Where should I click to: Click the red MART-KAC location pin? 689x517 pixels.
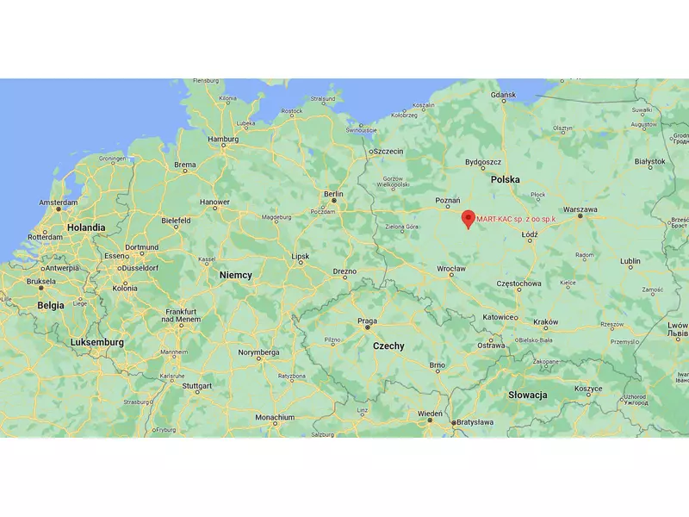pyautogui.click(x=468, y=218)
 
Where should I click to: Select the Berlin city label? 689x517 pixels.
pyautogui.click(x=333, y=194)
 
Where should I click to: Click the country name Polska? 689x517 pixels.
pyautogui.click(x=505, y=180)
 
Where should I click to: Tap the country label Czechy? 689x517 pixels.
pyautogui.click(x=388, y=345)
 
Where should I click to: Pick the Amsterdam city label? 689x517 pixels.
pyautogui.click(x=59, y=202)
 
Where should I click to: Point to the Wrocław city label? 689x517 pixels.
pyautogui.click(x=450, y=269)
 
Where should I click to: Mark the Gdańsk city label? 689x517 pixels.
pyautogui.click(x=502, y=95)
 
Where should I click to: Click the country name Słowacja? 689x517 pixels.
pyautogui.click(x=528, y=394)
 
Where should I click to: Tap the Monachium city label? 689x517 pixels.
pyautogui.click(x=275, y=417)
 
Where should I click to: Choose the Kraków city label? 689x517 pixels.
pyautogui.click(x=546, y=321)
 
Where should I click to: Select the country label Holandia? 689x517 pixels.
pyautogui.click(x=87, y=227)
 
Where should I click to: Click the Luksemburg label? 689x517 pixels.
pyautogui.click(x=96, y=342)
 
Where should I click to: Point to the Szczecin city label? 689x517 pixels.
pyautogui.click(x=388, y=151)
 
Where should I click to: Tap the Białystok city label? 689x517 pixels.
pyautogui.click(x=649, y=161)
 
